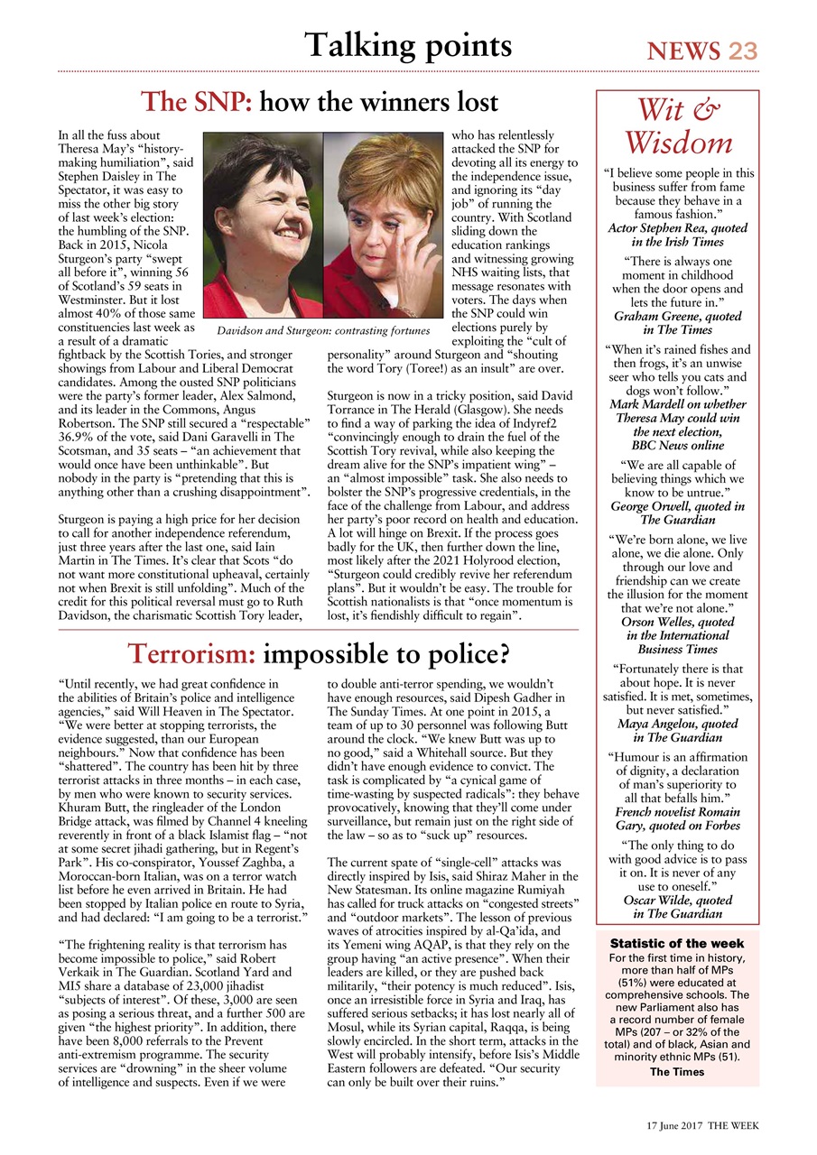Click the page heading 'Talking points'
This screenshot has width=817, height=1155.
tap(408, 45)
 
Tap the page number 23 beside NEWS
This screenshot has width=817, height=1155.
tap(743, 51)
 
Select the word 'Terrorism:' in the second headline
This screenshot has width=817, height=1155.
tap(194, 651)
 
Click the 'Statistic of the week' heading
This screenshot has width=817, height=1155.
tap(677, 943)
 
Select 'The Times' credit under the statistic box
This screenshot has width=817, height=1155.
tap(677, 1071)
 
